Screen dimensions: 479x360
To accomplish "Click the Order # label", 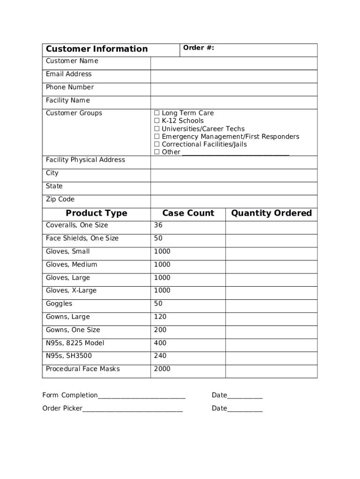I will click(x=199, y=48).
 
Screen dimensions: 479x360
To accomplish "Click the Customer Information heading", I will click(x=97, y=49).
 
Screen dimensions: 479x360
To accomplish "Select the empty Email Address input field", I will click(x=234, y=76).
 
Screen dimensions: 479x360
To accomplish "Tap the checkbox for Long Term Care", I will click(x=157, y=113).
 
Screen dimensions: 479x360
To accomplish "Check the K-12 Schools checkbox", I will click(x=157, y=121).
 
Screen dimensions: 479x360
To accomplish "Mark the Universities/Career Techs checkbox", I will click(x=157, y=129).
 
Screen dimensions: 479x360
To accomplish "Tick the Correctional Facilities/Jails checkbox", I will click(x=157, y=145).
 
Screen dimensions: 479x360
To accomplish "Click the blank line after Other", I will click(x=236, y=152).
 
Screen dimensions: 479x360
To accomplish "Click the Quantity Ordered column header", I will click(x=271, y=213).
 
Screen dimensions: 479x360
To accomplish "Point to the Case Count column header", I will click(x=188, y=213).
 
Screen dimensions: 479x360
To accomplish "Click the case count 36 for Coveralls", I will click(x=158, y=225).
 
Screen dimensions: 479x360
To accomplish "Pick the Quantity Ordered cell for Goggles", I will click(x=271, y=306).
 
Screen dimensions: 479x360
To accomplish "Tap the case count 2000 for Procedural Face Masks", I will click(x=162, y=369).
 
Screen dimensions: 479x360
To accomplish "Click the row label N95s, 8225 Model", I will click(x=75, y=343).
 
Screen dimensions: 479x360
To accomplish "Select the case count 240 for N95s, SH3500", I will click(x=160, y=356).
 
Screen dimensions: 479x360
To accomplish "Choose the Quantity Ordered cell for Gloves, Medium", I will click(x=271, y=267).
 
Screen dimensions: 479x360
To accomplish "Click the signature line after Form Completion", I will click(x=142, y=396).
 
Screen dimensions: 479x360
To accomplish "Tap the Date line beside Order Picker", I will click(x=245, y=409).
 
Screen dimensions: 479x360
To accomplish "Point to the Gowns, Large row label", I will click(x=68, y=317).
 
